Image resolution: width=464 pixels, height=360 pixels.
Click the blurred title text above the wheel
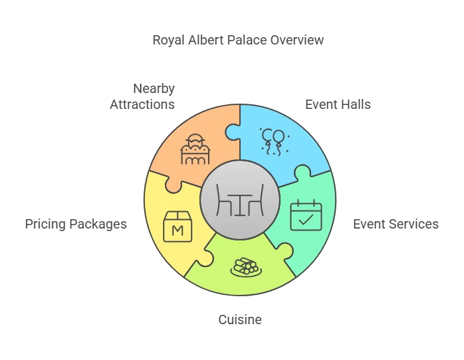[236, 41]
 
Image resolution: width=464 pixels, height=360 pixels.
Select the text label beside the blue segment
[338, 105]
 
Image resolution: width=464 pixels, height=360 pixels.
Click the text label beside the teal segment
[395, 223]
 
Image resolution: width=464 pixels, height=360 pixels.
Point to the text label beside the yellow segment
[74, 223]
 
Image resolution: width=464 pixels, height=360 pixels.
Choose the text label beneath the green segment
[242, 319]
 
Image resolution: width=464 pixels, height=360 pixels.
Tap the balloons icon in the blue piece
[273, 140]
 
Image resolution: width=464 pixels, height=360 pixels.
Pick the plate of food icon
[245, 268]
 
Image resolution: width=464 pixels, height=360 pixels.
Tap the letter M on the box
[177, 230]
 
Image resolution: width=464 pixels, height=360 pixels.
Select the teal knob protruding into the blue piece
[304, 174]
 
